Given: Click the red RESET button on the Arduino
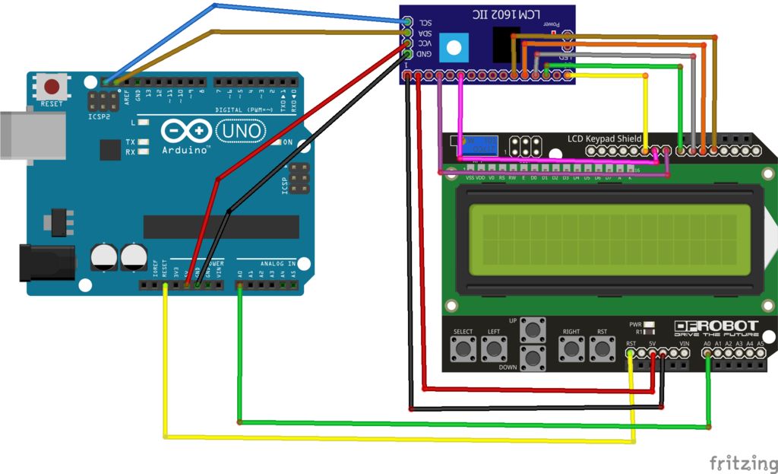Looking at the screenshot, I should [x=52, y=86].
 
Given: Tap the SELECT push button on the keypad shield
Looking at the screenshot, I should [x=463, y=350].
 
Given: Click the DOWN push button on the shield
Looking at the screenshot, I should [x=533, y=356].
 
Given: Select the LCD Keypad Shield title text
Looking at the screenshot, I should [x=604, y=138].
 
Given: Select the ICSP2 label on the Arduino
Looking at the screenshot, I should [x=99, y=118].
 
